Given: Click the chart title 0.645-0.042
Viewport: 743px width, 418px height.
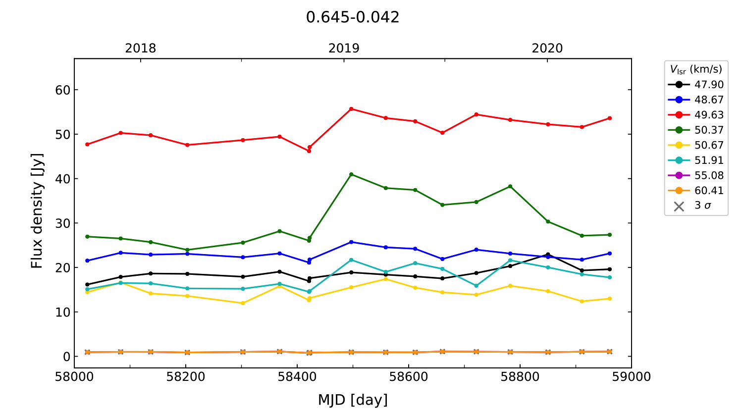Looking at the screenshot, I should click(352, 17).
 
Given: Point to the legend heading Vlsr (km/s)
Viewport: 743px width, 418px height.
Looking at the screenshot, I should click(696, 69).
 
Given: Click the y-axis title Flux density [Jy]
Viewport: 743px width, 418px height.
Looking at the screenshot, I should click(37, 211).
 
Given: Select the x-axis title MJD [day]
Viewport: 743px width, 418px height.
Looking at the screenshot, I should click(353, 400).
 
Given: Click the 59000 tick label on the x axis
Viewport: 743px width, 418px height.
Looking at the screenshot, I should click(631, 377).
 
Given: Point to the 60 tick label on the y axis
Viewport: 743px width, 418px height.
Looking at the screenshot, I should click(63, 90).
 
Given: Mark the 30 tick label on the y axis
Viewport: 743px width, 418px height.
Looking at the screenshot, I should click(63, 223).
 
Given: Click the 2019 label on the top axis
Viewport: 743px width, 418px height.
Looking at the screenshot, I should click(344, 49).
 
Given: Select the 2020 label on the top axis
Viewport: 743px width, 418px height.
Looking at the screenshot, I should click(547, 49).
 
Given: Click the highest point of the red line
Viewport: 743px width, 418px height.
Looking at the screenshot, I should click(351, 109).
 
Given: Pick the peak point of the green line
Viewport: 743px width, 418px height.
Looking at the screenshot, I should click(351, 174).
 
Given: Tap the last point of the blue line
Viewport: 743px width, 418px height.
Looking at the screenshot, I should click(609, 254).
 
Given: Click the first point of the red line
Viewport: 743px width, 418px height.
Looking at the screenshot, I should click(87, 144).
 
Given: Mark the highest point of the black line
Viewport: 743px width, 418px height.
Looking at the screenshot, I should click(548, 255).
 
